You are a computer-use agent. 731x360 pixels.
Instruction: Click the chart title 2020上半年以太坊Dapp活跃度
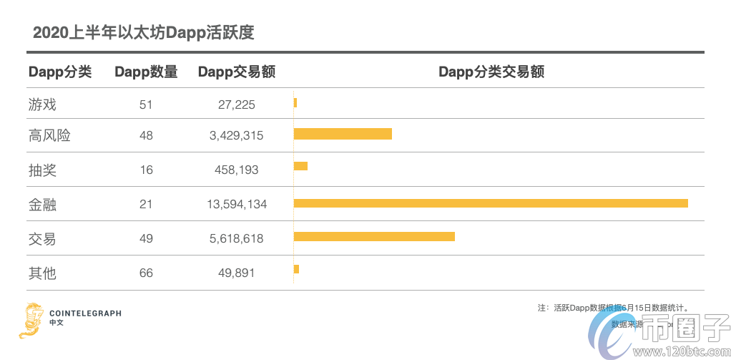(144, 33)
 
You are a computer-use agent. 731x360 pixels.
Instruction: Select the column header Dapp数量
(146, 72)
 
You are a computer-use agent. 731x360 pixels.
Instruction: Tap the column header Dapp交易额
(236, 72)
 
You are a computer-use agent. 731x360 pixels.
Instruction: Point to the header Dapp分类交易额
(491, 72)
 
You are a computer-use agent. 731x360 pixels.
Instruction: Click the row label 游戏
(42, 104)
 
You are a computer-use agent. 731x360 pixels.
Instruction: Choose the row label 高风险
(49, 135)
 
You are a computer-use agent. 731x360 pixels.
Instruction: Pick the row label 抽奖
(42, 170)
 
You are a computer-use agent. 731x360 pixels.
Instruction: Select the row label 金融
(42, 205)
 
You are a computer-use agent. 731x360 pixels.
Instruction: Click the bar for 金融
(491, 203)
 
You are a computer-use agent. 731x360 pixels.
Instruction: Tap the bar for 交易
(374, 237)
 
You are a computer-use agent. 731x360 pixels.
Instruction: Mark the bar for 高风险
(343, 134)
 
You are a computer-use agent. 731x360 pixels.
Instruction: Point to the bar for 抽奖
(300, 166)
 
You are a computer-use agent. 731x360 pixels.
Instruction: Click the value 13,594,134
(236, 205)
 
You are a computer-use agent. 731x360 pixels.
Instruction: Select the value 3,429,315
(236, 135)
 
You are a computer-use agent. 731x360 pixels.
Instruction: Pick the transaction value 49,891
(236, 273)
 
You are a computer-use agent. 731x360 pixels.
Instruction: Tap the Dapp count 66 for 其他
(146, 273)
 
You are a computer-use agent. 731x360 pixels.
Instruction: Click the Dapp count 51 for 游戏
(146, 104)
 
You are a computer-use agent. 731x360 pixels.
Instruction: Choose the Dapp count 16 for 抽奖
(146, 170)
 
